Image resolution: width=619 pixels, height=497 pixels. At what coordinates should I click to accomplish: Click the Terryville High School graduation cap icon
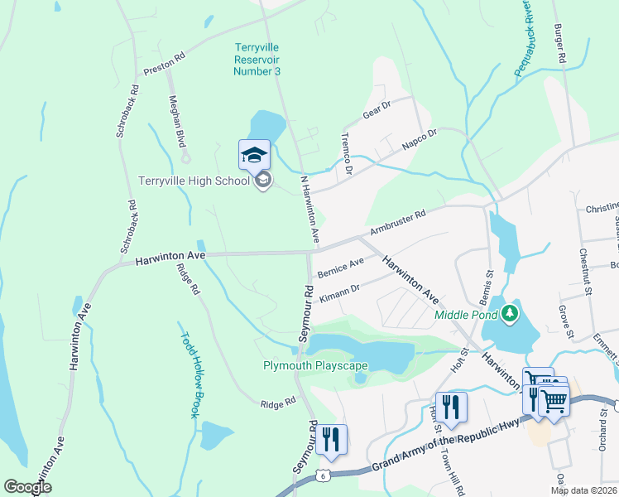(255, 154)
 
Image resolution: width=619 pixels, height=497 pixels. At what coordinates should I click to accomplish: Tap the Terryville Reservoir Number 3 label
(257, 60)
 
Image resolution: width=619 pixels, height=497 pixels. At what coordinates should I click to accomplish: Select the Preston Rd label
(164, 65)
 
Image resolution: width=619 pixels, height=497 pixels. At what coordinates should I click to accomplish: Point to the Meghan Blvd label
(177, 121)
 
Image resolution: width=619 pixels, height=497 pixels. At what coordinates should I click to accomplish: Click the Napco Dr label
(419, 138)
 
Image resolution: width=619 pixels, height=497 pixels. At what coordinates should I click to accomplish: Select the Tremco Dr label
(347, 154)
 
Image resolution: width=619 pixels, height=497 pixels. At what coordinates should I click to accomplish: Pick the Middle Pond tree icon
(511, 313)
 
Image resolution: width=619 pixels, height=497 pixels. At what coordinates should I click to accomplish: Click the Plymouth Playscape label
(309, 365)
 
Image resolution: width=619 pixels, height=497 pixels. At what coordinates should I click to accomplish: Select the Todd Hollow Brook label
(191, 375)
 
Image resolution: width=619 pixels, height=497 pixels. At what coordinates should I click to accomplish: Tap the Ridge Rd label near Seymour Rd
(278, 403)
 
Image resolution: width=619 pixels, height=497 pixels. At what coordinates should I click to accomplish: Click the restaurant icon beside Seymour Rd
(331, 439)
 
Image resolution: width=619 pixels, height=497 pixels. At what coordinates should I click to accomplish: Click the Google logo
(28, 487)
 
